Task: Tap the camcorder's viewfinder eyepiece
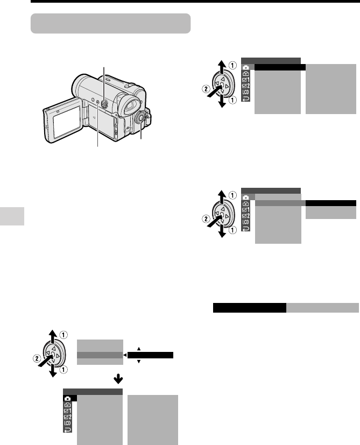[x=130, y=105]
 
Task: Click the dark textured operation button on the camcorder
[x=104, y=104]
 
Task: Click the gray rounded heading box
[x=110, y=23]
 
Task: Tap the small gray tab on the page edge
[x=12, y=216]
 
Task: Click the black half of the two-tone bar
[x=250, y=308]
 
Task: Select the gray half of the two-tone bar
[x=322, y=308]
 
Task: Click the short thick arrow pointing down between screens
[x=118, y=378]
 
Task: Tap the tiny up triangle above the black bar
[x=139, y=349]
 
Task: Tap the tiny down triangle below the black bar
[x=139, y=362]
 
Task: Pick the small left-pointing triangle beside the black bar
[x=125, y=355]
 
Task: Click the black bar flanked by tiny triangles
[x=150, y=355]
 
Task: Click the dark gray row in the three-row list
[x=100, y=355]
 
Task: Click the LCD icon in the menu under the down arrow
[x=68, y=423]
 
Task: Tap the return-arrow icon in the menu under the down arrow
[x=68, y=430]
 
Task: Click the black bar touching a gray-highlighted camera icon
[x=280, y=67]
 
